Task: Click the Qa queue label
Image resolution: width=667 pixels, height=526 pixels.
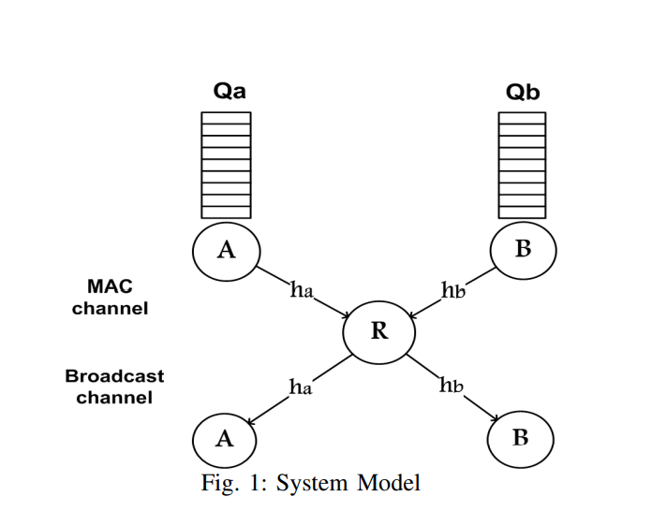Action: pos(230,92)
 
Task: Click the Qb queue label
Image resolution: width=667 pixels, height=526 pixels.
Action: pos(523,92)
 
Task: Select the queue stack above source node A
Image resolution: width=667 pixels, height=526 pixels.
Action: pos(227,165)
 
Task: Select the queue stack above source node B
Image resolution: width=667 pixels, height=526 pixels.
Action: pos(523,165)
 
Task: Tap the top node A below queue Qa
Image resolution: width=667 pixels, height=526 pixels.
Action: pos(226,250)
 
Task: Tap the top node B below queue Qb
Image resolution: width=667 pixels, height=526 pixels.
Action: pos(523,250)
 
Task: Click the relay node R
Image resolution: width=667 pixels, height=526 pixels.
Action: pos(378,331)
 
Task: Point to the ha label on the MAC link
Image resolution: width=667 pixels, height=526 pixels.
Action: pos(302,290)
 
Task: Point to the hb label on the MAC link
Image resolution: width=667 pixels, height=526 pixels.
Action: pos(453,290)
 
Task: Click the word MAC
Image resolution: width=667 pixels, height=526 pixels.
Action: pos(110,285)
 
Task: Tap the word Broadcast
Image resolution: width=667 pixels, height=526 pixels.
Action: pos(114,375)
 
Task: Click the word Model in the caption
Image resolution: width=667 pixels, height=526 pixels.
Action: pos(387,483)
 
